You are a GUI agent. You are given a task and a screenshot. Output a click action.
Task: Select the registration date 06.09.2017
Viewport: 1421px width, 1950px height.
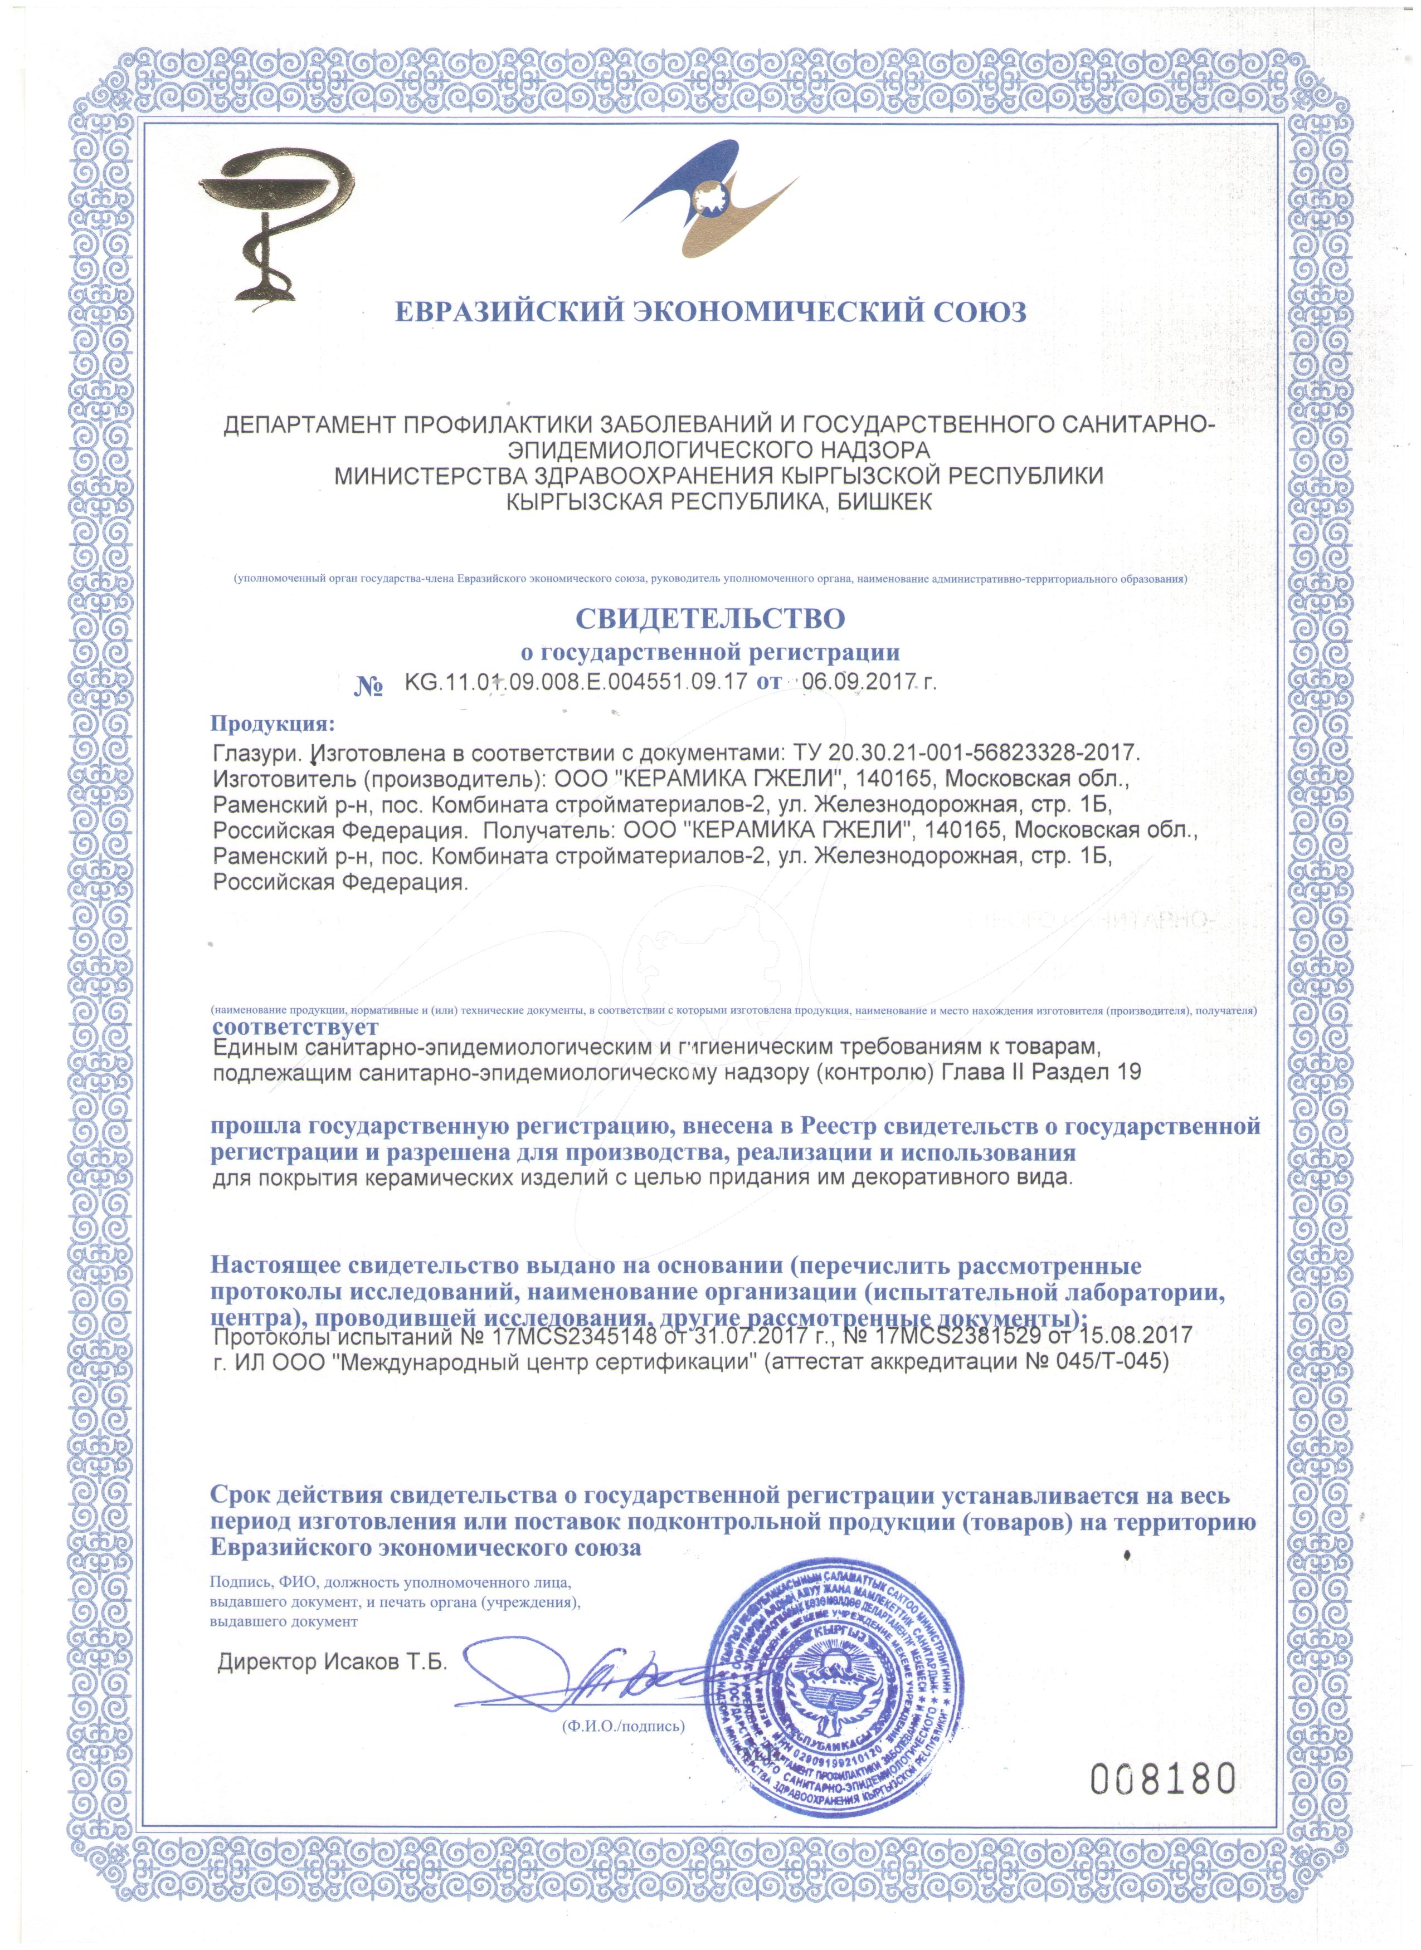coord(856,683)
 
